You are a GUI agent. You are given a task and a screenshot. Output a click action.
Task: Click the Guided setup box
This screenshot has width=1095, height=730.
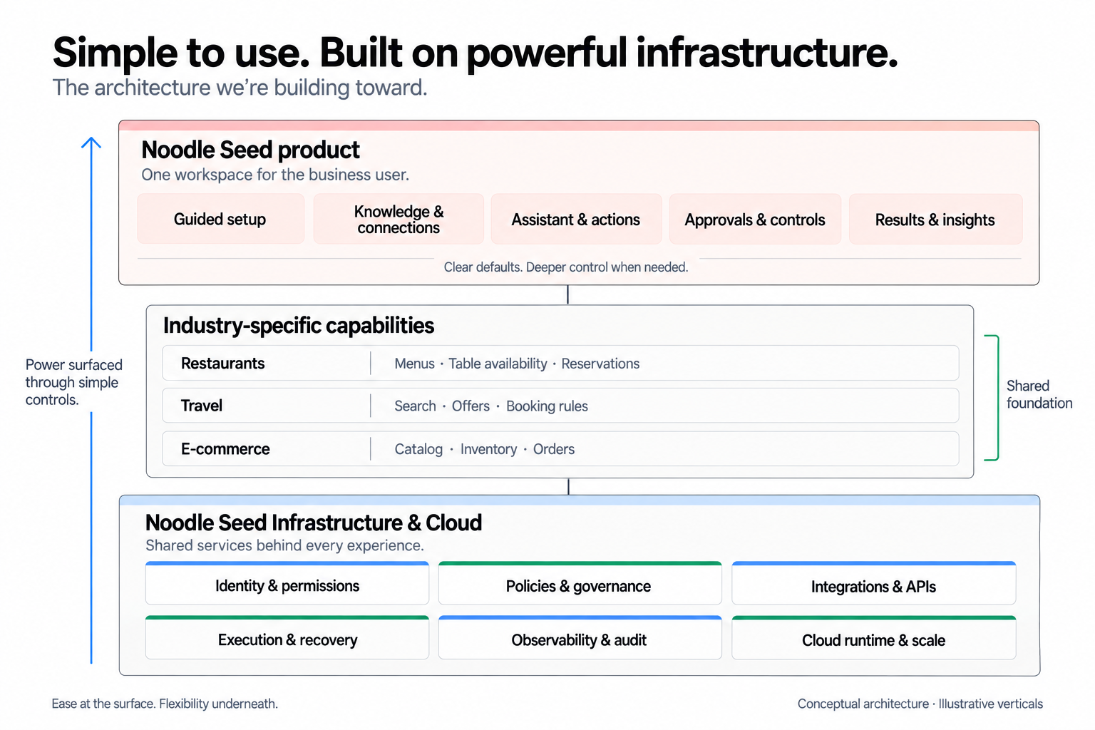[220, 219]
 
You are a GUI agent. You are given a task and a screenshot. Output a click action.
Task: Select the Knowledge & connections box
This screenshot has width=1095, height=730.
[399, 219]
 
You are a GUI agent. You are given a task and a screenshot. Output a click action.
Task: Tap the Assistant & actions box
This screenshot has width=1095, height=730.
[576, 219]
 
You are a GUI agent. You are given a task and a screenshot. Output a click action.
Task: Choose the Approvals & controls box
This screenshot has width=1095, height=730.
[755, 219]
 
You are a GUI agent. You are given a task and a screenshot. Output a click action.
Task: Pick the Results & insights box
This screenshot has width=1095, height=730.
[935, 219]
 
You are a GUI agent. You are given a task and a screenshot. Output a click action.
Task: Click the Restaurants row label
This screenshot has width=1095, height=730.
[223, 364]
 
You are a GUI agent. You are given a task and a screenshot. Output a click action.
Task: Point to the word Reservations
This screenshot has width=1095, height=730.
[600, 364]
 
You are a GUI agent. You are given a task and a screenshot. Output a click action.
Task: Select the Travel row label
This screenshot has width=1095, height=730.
[202, 406]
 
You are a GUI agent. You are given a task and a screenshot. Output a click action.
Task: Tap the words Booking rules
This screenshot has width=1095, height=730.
[547, 406]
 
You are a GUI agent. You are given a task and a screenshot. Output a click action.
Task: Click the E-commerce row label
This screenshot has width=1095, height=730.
[225, 449]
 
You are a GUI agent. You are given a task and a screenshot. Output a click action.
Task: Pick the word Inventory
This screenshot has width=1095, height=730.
[488, 449]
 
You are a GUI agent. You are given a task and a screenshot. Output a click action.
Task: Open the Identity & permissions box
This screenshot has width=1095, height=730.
[287, 583]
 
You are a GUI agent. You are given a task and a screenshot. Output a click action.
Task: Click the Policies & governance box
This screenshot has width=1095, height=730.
[580, 583]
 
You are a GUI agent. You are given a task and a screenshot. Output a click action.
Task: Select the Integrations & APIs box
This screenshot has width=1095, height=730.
[873, 583]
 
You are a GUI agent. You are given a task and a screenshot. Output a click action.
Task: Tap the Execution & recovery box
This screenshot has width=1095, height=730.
[287, 637]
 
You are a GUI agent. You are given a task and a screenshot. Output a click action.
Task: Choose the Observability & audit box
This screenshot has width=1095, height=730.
[580, 637]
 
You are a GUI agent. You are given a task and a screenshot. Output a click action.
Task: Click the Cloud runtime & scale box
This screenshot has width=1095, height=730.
[873, 637]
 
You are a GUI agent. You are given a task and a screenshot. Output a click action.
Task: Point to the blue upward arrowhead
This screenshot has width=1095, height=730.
[91, 142]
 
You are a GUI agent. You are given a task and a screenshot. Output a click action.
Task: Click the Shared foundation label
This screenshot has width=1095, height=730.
[1039, 394]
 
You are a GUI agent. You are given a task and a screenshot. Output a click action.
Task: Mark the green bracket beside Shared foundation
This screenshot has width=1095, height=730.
[997, 398]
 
